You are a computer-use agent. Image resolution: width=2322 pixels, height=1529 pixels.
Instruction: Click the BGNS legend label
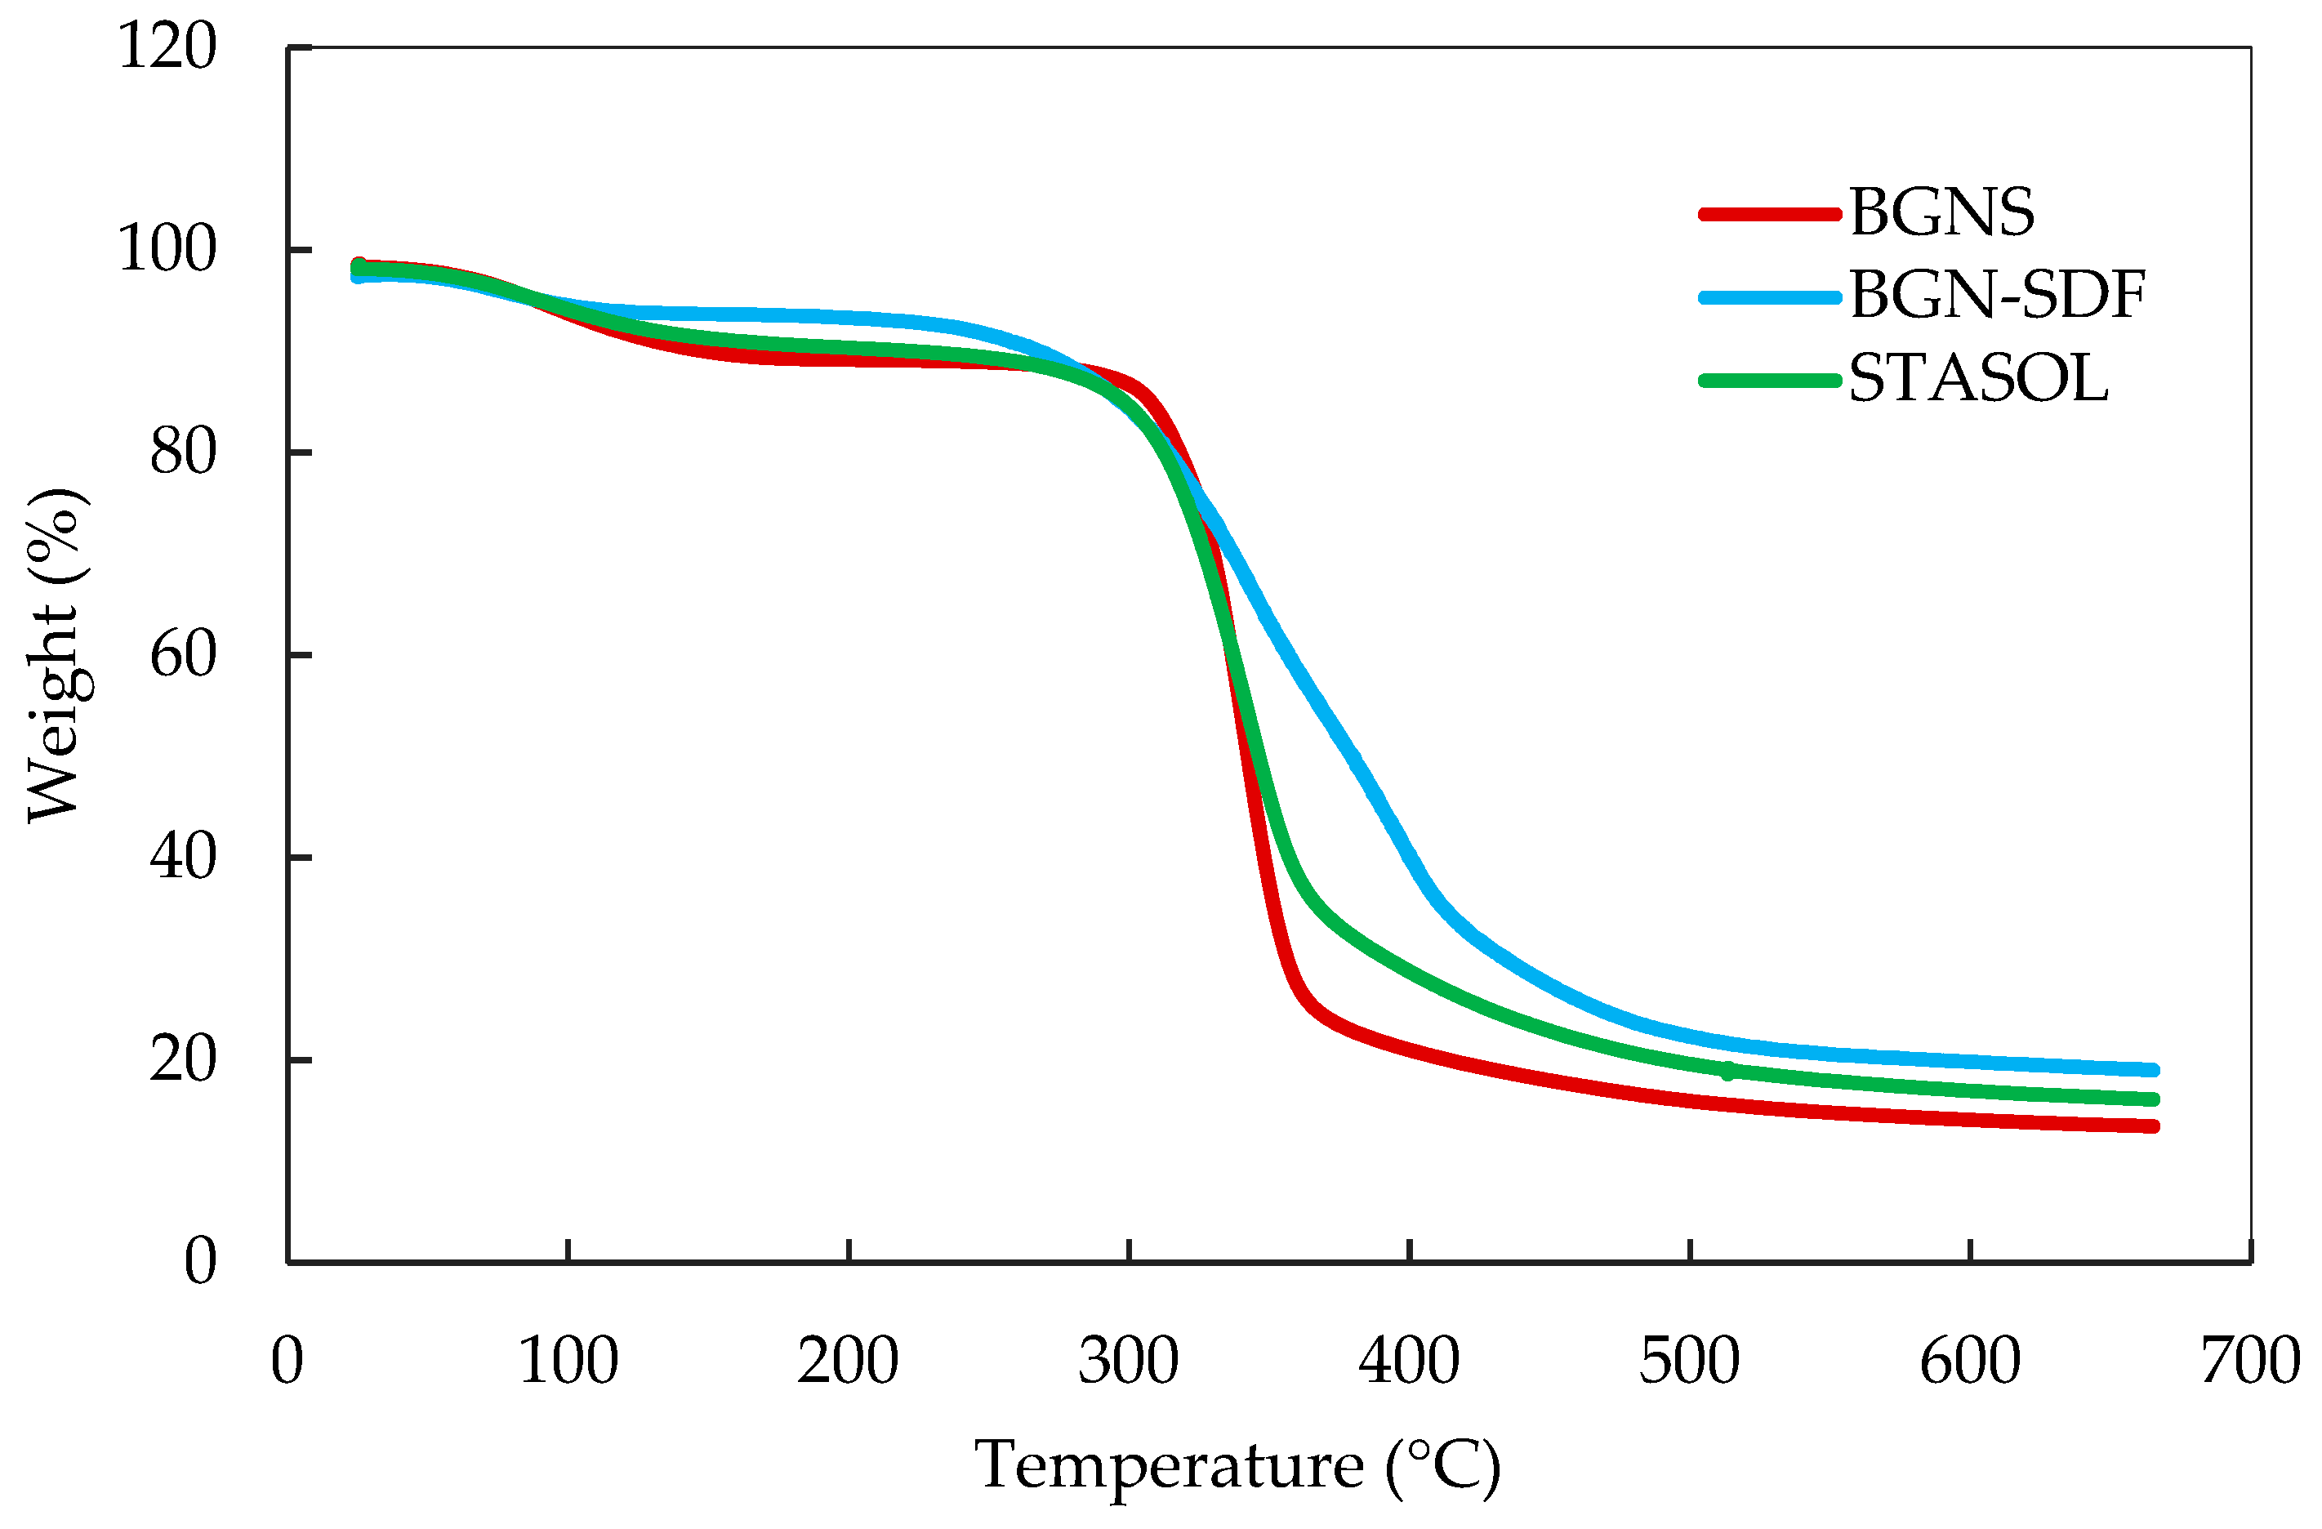pyautogui.click(x=1941, y=212)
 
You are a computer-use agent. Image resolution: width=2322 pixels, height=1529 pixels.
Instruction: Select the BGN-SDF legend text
pyautogui.click(x=1996, y=296)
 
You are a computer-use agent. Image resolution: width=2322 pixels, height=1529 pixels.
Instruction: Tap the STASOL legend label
pyautogui.click(x=1977, y=380)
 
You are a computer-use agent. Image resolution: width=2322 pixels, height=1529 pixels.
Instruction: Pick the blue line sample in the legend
pyautogui.click(x=1769, y=296)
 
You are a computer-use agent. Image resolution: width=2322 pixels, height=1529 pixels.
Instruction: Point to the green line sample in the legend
pyautogui.click(x=1769, y=381)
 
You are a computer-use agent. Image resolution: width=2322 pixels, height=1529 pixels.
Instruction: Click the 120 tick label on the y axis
pyautogui.click(x=167, y=46)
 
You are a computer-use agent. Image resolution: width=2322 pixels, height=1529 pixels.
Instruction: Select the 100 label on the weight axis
pyautogui.click(x=167, y=250)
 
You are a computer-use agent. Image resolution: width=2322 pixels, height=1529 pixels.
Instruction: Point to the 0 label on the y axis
pyautogui.click(x=200, y=1262)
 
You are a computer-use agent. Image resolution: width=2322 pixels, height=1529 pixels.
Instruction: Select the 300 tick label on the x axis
pyautogui.click(x=1128, y=1362)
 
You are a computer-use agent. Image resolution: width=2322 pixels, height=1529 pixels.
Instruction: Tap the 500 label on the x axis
pyautogui.click(x=1689, y=1362)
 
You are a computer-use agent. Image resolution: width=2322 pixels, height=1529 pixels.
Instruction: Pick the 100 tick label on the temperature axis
pyautogui.click(x=568, y=1362)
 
